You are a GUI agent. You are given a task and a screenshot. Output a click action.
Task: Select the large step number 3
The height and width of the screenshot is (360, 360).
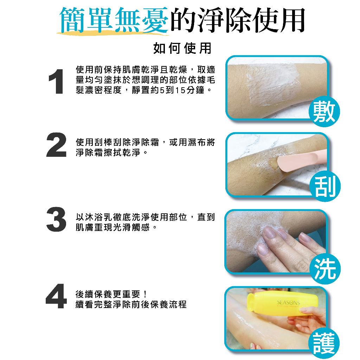56,219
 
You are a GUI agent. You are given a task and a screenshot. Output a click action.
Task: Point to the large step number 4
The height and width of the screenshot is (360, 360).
56,296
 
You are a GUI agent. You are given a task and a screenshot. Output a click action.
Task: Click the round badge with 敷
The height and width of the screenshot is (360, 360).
324,112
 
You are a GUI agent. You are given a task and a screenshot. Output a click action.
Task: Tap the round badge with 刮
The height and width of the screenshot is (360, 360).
324,186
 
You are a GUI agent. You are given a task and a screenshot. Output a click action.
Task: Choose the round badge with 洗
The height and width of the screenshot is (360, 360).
324,268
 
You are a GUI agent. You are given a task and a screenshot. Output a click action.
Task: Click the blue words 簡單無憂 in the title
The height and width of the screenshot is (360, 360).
114,20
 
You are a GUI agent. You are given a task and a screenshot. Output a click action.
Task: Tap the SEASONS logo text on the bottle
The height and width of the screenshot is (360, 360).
288,303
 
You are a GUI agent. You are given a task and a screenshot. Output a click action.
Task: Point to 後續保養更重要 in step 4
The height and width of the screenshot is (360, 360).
108,294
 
